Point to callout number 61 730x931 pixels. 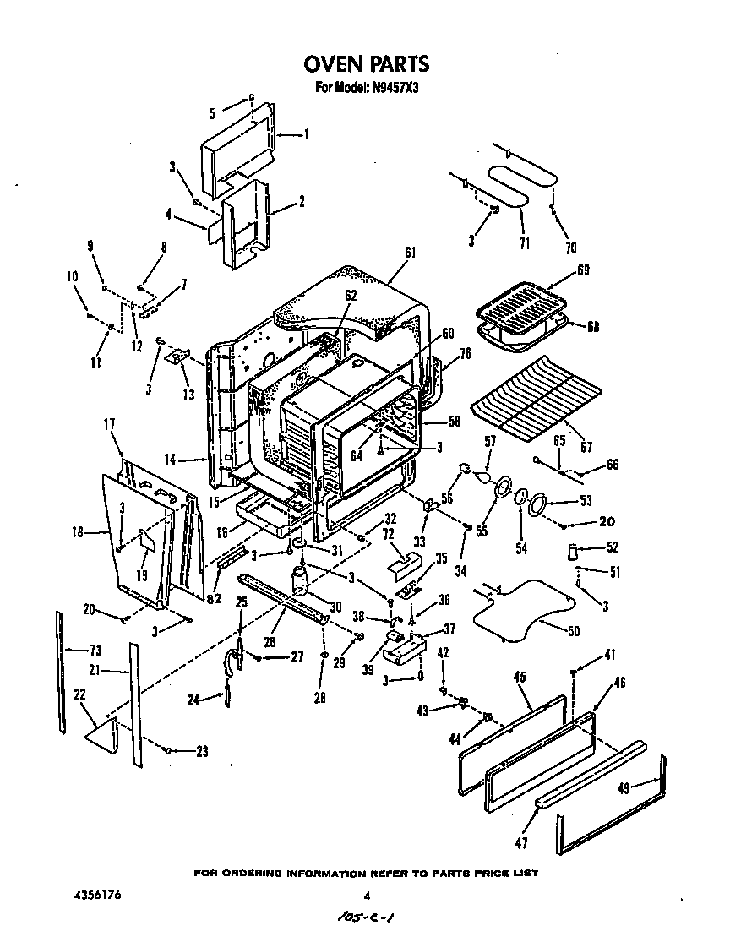coord(411,251)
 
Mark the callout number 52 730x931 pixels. coord(613,547)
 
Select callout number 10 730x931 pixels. coord(71,276)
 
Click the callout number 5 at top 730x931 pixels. coord(212,110)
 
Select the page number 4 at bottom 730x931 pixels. coord(366,896)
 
